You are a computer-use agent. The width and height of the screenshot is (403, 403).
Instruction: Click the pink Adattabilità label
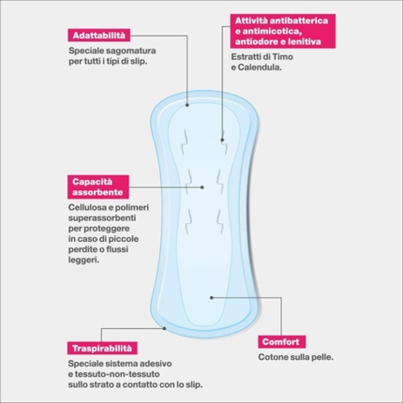click(99, 36)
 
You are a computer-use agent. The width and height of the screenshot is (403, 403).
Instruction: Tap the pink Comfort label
click(280, 342)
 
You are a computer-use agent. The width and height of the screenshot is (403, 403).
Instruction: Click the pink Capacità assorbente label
click(98, 186)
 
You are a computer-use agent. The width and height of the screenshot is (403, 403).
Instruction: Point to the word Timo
click(284, 57)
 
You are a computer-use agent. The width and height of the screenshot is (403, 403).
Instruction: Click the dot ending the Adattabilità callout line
click(187, 105)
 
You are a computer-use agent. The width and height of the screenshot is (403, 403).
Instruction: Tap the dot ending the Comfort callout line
click(212, 298)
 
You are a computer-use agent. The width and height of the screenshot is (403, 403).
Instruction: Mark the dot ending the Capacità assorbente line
click(202, 187)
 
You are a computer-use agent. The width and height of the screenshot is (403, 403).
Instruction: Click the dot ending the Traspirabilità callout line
click(165, 328)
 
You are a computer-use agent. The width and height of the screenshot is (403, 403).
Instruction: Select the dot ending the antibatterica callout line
click(222, 140)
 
